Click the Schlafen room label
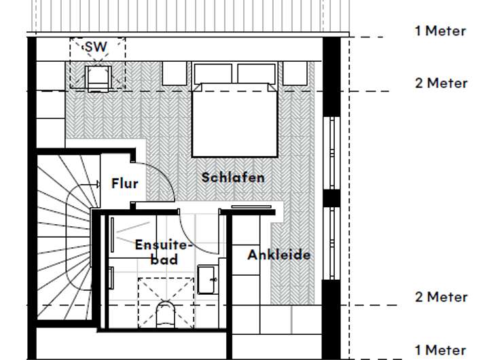click(x=233, y=177)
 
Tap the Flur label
click(x=124, y=183)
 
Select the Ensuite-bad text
click(x=164, y=251)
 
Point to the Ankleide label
click(x=278, y=255)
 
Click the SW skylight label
click(x=96, y=48)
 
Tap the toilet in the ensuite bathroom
click(x=164, y=316)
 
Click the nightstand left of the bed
click(x=175, y=73)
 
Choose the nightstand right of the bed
click(x=294, y=73)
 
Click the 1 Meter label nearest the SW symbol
click(x=440, y=31)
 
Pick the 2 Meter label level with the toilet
click(x=441, y=297)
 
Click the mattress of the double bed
click(x=234, y=122)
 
